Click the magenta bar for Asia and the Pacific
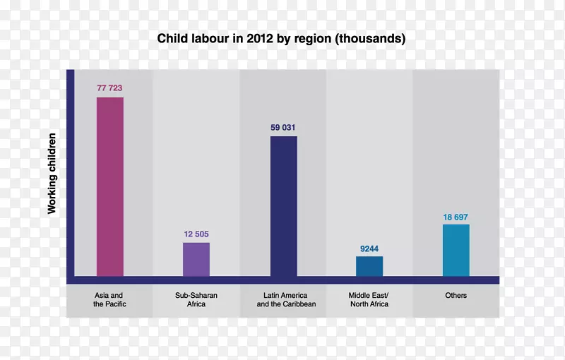pyautogui.click(x=110, y=186)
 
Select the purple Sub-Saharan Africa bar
pyautogui.click(x=196, y=259)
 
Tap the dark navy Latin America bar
pyautogui.click(x=283, y=206)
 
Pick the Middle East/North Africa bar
pyautogui.click(x=369, y=266)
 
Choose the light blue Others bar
pyautogui.click(x=456, y=251)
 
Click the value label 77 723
pyautogui.click(x=110, y=88)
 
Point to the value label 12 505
pyautogui.click(x=196, y=234)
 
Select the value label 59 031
pyautogui.click(x=283, y=128)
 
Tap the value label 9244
pyautogui.click(x=369, y=248)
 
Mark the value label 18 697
pyautogui.click(x=456, y=217)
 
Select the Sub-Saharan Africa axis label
pyautogui.click(x=191, y=299)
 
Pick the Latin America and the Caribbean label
pyautogui.click(x=286, y=299)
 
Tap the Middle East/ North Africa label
pyautogui.click(x=369, y=299)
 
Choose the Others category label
pyautogui.click(x=456, y=295)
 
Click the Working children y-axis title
pyautogui.click(x=52, y=172)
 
